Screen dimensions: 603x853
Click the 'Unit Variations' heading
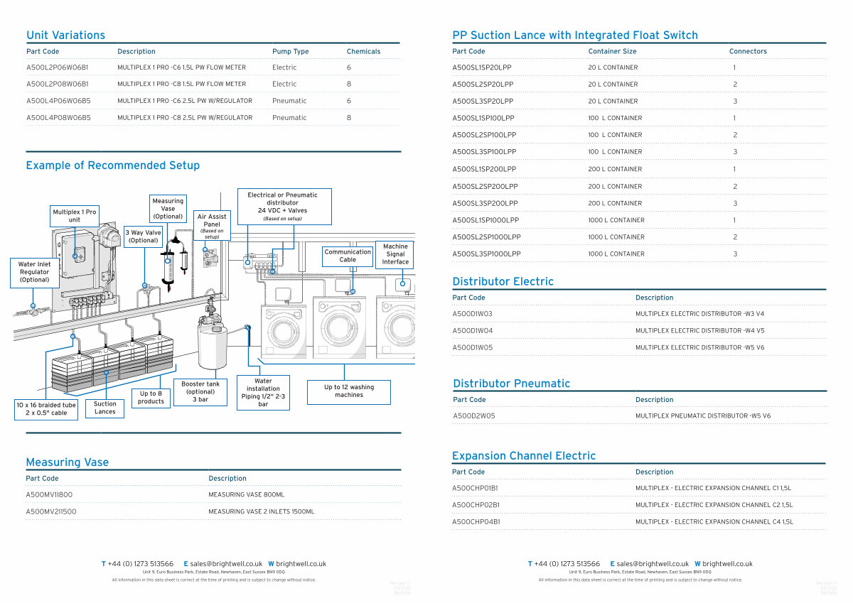point(65,36)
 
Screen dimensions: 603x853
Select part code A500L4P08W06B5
point(58,118)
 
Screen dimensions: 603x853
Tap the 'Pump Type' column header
point(290,52)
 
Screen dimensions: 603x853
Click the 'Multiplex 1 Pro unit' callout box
point(75,216)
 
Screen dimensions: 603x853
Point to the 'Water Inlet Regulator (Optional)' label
point(35,272)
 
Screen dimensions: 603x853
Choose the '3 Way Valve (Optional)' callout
point(144,237)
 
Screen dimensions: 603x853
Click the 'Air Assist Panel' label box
point(212,225)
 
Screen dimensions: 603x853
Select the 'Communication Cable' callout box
point(348,256)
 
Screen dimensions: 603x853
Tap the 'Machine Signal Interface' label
point(395,254)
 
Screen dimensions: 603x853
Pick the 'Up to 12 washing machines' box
point(349,391)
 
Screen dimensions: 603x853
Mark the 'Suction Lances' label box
point(105,408)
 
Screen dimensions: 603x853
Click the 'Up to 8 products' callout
point(151,398)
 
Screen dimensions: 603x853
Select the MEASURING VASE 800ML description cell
point(246,495)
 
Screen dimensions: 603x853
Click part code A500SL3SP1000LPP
point(486,254)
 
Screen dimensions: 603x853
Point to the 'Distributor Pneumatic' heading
point(511,384)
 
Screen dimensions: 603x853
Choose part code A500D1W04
point(472,331)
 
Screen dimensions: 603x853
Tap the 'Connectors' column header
point(748,52)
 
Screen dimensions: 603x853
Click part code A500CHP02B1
point(476,505)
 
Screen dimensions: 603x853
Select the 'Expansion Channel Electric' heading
point(524,456)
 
